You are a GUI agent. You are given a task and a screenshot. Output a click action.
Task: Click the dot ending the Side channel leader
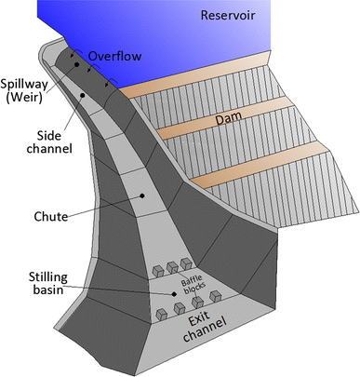(83, 95)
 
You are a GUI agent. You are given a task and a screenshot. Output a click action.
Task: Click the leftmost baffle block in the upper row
(159, 270)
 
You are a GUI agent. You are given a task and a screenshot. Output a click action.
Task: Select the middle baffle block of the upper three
(173, 266)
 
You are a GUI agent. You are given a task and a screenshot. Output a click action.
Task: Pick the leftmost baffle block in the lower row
(164, 313)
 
